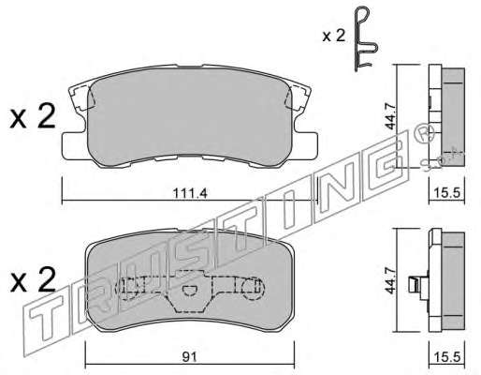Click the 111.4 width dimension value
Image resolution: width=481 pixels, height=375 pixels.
tap(190, 194)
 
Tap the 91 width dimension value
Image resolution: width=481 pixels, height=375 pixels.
tap(189, 357)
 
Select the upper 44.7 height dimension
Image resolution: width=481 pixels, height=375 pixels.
tap(390, 117)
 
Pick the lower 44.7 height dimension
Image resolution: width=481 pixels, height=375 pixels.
tap(390, 280)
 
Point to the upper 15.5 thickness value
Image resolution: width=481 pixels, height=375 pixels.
tap(447, 193)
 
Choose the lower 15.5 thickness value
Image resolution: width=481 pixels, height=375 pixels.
tap(447, 356)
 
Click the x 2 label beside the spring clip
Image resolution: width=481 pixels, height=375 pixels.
tap(334, 36)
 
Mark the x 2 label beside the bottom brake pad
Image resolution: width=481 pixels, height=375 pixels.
tap(33, 280)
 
